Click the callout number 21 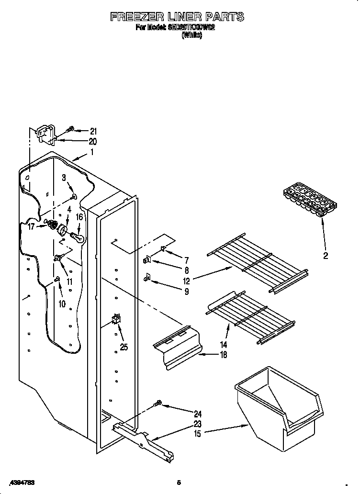tap(93, 131)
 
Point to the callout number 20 tap(92, 141)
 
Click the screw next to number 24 tap(157, 404)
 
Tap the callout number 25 tap(124, 348)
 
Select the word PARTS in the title tap(223, 17)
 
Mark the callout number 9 tap(186, 292)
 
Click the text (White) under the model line tap(191, 35)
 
